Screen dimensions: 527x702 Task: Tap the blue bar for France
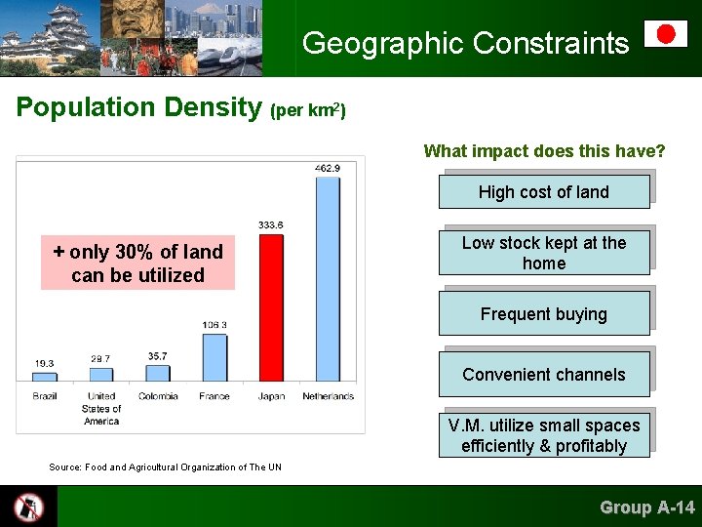[214, 357]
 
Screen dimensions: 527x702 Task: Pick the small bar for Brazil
[45, 377]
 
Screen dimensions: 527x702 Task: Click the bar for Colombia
[158, 373]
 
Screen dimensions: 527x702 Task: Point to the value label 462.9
[328, 168]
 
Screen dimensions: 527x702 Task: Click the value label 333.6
[271, 225]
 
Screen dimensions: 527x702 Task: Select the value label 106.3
[214, 325]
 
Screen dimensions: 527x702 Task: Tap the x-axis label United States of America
[101, 408]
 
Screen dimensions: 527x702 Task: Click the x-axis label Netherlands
[328, 396]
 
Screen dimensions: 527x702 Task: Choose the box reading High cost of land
[543, 192]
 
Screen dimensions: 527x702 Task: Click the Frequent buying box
[543, 314]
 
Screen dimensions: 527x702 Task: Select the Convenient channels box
[543, 375]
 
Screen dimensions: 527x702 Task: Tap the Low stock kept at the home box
[543, 253]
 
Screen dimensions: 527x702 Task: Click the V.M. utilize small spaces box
[543, 435]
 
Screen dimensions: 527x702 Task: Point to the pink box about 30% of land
[137, 263]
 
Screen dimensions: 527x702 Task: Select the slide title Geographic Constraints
[465, 43]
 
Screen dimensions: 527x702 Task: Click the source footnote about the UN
[165, 467]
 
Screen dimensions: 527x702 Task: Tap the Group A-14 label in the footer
[646, 507]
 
